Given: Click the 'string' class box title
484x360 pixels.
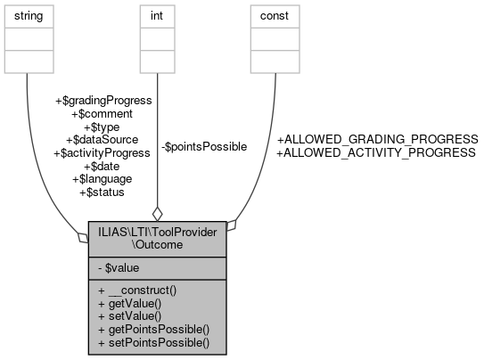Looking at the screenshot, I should [29, 16].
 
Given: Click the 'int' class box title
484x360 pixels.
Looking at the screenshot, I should [157, 16].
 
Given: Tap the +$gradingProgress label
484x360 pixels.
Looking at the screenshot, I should [103, 101].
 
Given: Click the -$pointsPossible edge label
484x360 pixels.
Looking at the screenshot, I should [204, 146].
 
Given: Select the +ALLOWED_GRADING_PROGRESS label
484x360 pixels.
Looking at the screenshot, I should [378, 140].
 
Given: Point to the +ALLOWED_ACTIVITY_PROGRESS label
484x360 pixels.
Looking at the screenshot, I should [376, 152].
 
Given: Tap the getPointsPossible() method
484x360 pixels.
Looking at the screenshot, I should [153, 329].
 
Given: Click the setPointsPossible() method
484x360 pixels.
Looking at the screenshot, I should [153, 341].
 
